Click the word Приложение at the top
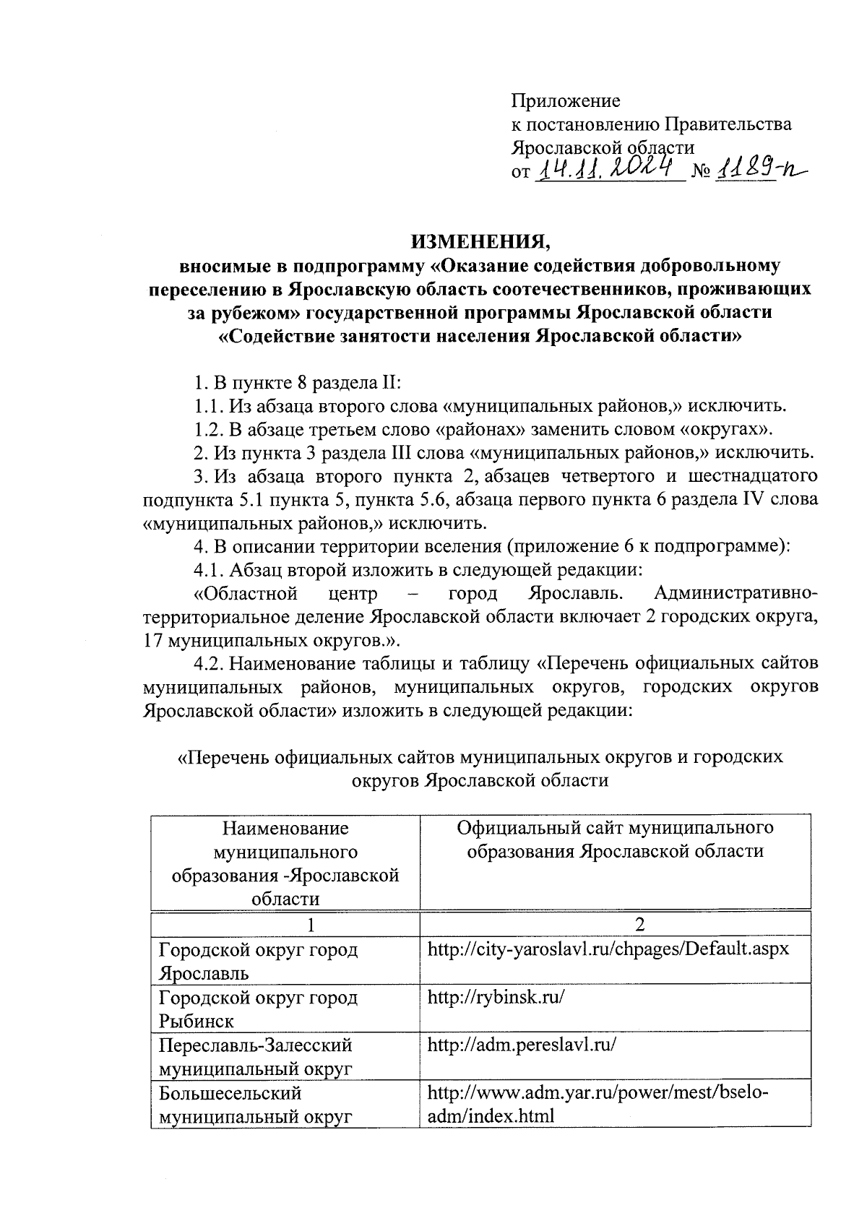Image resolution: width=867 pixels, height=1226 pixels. tap(565, 100)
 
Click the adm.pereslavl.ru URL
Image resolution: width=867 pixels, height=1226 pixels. tap(522, 1045)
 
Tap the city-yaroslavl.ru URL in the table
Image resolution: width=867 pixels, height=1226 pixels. tap(608, 949)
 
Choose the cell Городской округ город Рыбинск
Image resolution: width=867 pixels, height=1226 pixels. tap(258, 1009)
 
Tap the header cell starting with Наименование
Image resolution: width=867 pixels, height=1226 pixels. tap(285, 863)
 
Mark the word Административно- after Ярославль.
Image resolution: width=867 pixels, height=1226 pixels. tap(736, 595)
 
